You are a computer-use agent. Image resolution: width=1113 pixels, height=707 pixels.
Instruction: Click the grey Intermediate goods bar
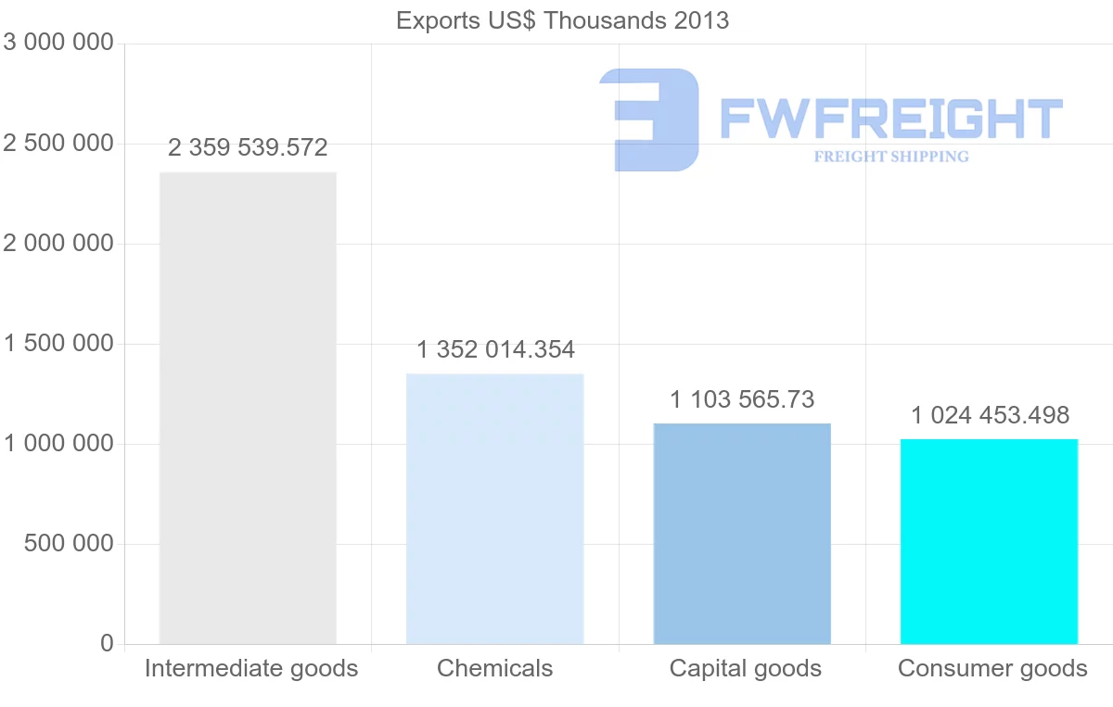[x=248, y=408]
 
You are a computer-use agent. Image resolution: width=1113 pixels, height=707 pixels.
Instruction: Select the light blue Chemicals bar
[x=495, y=509]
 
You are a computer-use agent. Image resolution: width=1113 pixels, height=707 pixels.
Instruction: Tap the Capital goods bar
[x=742, y=534]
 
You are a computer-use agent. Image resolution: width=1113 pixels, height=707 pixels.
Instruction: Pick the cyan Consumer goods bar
[x=989, y=541]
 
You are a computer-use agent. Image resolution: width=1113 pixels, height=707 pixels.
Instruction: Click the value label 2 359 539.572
[x=248, y=147]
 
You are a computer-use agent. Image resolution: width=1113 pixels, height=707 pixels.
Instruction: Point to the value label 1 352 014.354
[x=495, y=349]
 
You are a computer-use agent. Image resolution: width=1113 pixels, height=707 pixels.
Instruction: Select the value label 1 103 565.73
[x=742, y=399]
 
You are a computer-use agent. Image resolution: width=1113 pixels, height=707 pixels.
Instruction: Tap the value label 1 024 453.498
[x=990, y=414]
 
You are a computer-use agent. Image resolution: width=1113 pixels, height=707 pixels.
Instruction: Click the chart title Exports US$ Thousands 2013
[x=562, y=20]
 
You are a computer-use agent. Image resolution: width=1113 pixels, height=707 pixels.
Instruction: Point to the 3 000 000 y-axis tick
[x=58, y=44]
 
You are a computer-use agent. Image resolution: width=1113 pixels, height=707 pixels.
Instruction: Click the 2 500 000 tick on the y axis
[x=58, y=144]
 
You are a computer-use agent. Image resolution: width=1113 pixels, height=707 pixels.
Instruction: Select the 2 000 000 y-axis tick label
[x=58, y=244]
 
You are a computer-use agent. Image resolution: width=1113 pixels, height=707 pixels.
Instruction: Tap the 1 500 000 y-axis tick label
[x=58, y=344]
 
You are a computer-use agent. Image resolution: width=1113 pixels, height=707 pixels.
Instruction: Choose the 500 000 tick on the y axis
[x=68, y=544]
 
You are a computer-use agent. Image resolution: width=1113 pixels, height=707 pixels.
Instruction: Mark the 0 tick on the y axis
[x=107, y=644]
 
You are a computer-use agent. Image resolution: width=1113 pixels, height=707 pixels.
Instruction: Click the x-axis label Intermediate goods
[x=251, y=668]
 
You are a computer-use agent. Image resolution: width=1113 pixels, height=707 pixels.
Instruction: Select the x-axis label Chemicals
[x=494, y=668]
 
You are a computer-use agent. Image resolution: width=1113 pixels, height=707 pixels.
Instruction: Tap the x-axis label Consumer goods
[x=992, y=668]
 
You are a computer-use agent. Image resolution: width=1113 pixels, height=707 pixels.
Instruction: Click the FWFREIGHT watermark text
[x=890, y=119]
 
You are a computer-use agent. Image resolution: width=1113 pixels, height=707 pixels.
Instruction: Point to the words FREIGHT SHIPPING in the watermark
[x=890, y=157]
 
